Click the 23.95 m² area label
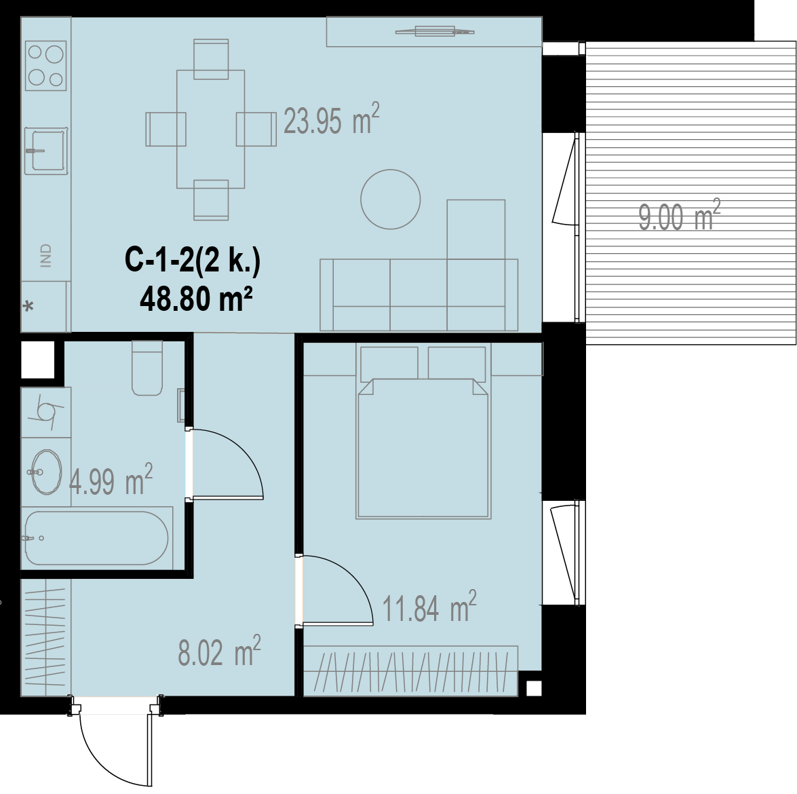pos(332,119)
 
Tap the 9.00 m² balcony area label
pos(680,216)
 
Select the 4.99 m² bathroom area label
pos(111,480)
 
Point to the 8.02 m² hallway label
pos(219,651)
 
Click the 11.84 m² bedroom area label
pos(429,607)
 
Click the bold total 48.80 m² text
pos(196,299)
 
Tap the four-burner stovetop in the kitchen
pos(45,66)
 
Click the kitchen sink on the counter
pos(46,151)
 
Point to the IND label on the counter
pos(45,255)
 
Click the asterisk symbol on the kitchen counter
pos(29,307)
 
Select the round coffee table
pos(391,199)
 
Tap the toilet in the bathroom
pos(147,368)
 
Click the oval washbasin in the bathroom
pos(46,472)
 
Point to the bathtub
pos(96,538)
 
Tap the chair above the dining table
pos(211,60)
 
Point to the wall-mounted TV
pos(435,31)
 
